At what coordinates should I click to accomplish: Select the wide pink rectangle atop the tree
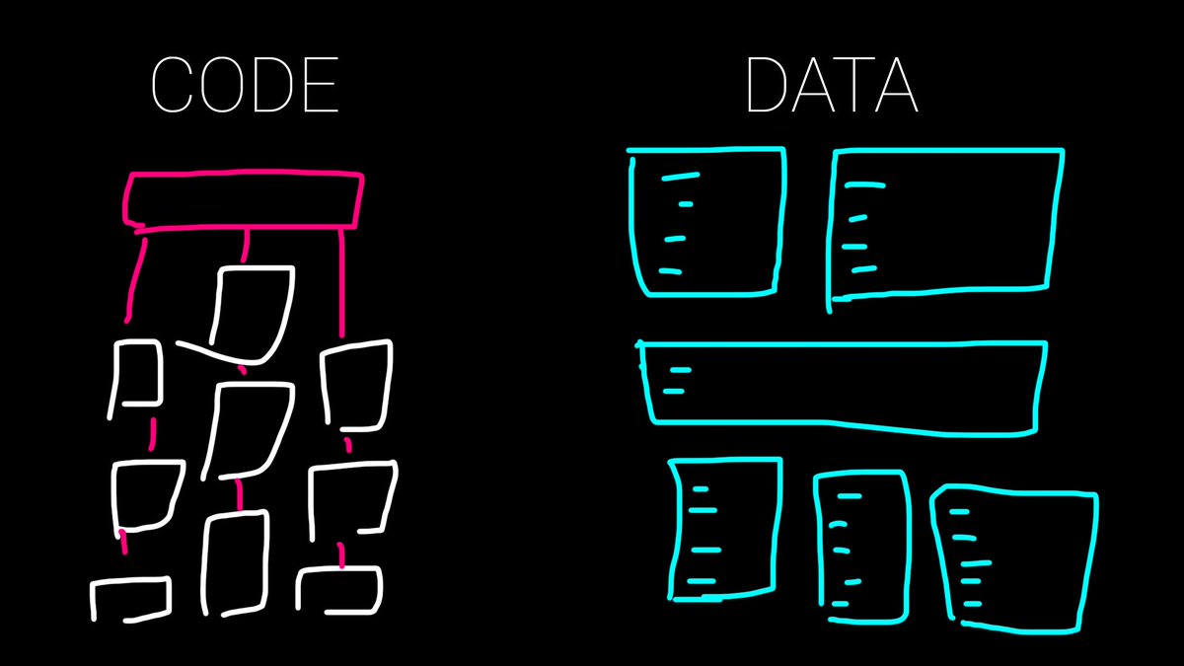coord(243,200)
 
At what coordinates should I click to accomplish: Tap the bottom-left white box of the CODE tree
coord(130,599)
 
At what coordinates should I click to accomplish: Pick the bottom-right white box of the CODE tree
coord(339,590)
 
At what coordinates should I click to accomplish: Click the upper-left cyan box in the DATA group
coord(706,221)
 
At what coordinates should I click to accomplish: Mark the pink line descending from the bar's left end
coord(135,276)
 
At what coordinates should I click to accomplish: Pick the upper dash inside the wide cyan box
coord(679,370)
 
